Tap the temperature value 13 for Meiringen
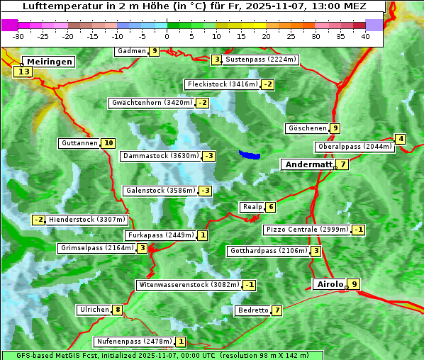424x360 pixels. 23,72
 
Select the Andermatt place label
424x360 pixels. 308,164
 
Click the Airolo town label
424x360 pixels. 329,284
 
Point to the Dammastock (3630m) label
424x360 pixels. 160,156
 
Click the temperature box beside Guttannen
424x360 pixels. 108,143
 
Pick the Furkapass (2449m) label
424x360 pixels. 160,235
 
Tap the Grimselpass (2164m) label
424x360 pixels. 97,248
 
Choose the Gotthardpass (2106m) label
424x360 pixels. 268,251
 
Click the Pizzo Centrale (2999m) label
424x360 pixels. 307,230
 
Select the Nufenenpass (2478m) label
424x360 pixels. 134,342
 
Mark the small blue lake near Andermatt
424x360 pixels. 250,154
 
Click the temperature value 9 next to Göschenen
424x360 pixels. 335,128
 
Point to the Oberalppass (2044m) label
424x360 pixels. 355,147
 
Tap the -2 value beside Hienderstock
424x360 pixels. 38,220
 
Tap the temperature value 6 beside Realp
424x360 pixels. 270,207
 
